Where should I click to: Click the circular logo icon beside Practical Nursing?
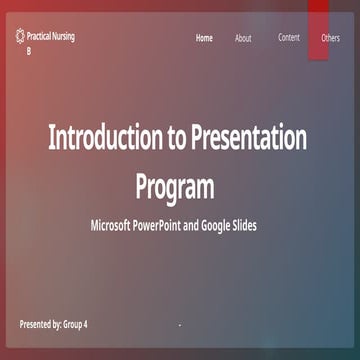tap(22, 37)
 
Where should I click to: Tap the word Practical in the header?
tap(43, 37)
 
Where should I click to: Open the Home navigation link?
tap(204, 38)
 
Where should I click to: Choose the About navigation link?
tap(243, 38)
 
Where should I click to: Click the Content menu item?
tap(288, 38)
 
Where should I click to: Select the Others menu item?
tap(330, 38)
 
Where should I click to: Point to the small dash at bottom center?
tap(179, 326)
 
